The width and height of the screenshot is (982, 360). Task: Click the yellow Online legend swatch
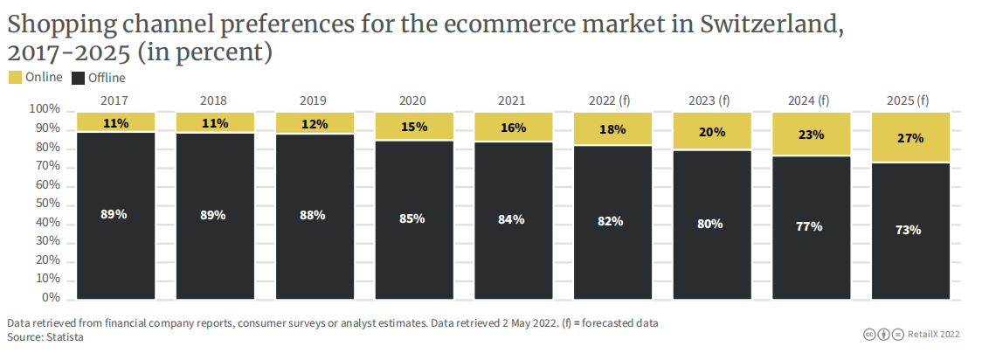click(15, 78)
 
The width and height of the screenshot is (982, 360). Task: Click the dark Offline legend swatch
click(78, 78)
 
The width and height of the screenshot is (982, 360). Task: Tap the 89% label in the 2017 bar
click(114, 214)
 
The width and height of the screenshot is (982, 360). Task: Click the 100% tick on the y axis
click(44, 110)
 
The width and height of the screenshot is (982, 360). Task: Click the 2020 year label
click(413, 100)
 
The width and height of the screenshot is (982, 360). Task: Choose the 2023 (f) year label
click(710, 100)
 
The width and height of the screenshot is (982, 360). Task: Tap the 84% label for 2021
click(512, 219)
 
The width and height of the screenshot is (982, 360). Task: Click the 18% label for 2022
click(612, 129)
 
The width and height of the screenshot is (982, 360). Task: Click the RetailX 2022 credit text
click(931, 334)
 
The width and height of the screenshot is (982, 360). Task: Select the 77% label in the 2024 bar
click(810, 227)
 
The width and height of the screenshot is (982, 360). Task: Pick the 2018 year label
click(213, 100)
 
